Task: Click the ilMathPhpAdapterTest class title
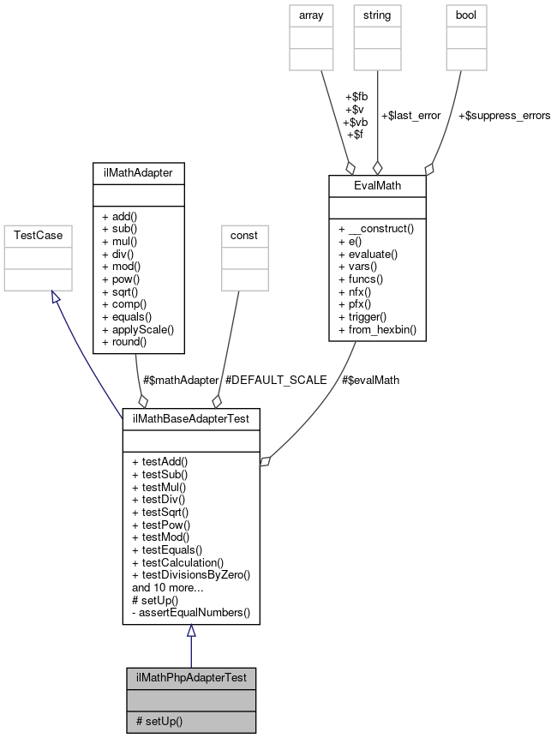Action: tap(191, 677)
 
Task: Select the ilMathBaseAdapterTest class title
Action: tap(191, 417)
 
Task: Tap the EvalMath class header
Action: tap(377, 184)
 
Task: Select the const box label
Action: tap(244, 234)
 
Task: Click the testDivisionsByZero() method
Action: tap(190, 574)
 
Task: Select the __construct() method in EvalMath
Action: tap(377, 230)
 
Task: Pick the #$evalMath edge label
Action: tap(372, 380)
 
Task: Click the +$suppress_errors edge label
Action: tap(504, 115)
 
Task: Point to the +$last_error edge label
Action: tap(410, 115)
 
